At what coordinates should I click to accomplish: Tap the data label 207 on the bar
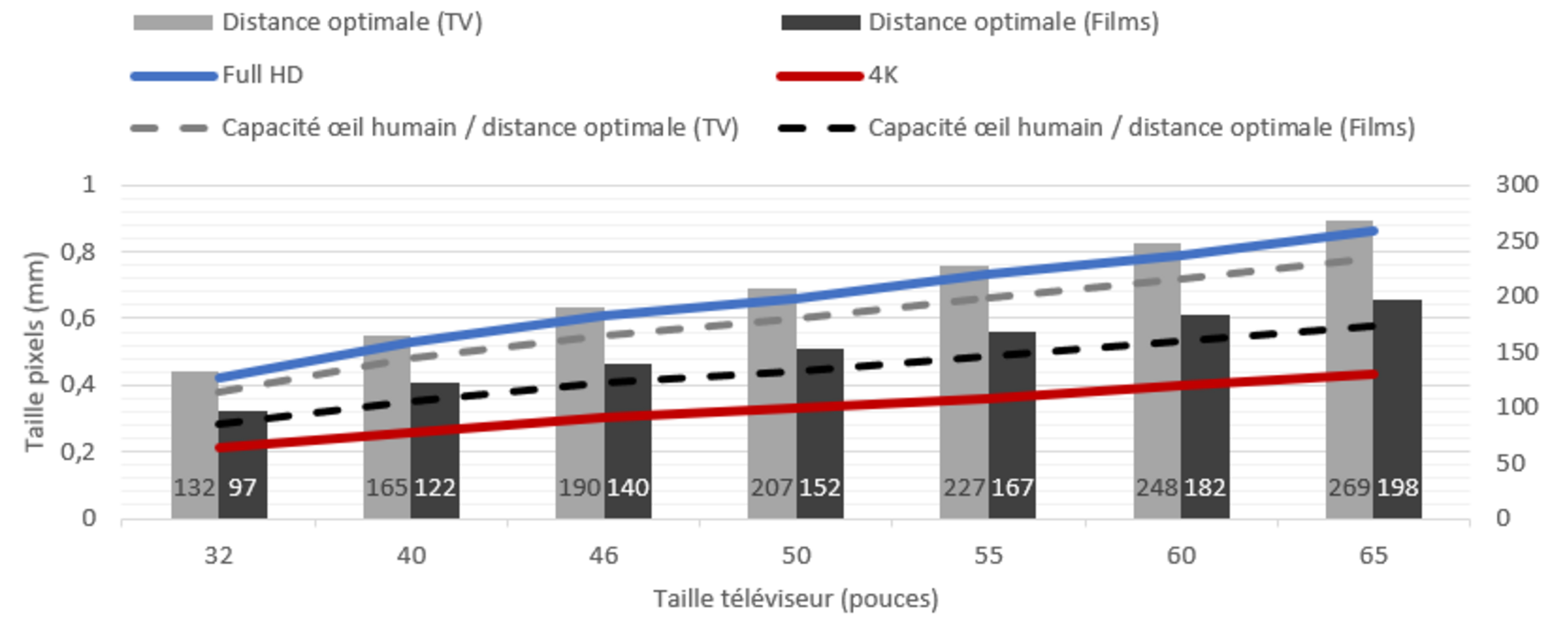coord(771,487)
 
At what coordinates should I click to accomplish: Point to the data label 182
coord(1205,487)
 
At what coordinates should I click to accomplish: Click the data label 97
coord(242,487)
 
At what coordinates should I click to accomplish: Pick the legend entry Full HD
coord(262,75)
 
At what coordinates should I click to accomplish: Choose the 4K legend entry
coord(883,75)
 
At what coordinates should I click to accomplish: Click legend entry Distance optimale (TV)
coord(352,22)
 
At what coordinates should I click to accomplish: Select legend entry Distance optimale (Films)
coord(1013,22)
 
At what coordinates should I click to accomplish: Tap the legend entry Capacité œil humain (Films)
coord(1141,128)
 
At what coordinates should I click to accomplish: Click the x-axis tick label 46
coord(604,556)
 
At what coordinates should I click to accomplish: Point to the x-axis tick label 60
coord(1181,556)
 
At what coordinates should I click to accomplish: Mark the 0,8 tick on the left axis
coord(78,252)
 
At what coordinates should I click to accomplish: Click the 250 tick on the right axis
coord(1516,240)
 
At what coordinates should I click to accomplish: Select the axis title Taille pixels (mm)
coord(34,351)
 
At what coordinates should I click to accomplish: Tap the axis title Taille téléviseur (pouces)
coord(795,599)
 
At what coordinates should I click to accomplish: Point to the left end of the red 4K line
coord(219,448)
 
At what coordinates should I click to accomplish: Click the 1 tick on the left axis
coord(89,185)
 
